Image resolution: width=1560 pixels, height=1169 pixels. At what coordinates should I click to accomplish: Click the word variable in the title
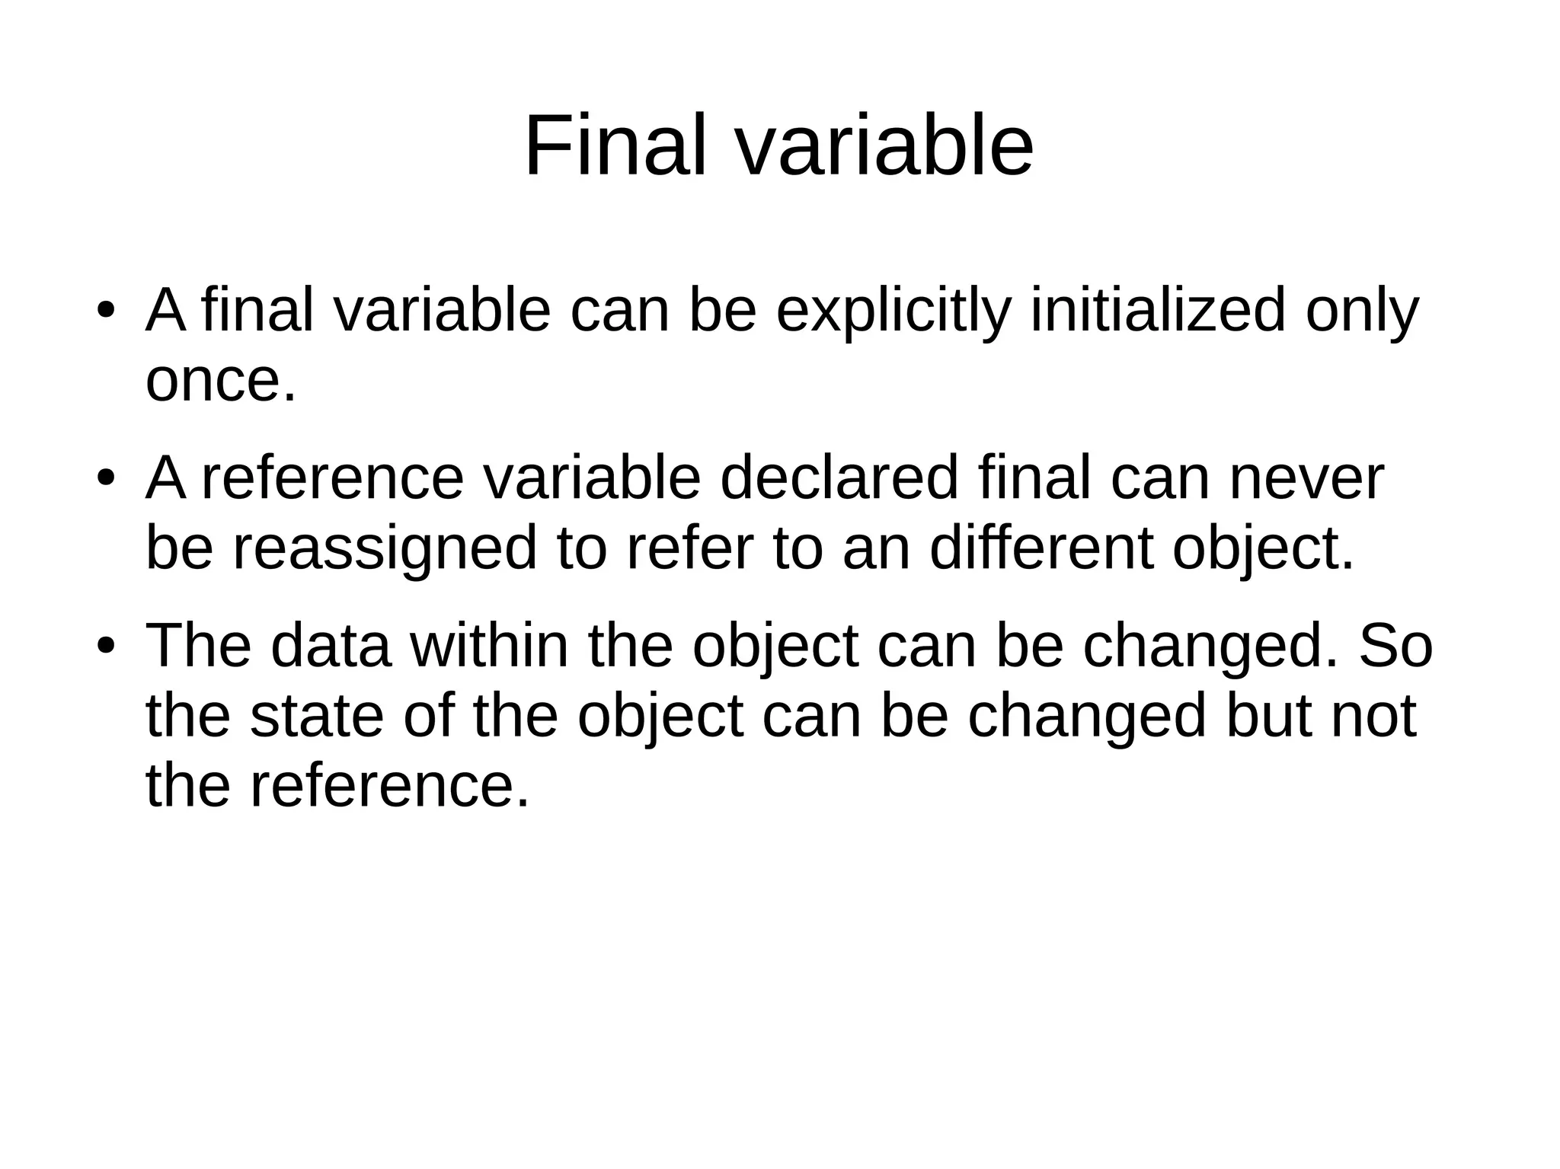[884, 145]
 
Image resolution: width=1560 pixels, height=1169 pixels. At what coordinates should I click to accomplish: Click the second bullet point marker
[105, 479]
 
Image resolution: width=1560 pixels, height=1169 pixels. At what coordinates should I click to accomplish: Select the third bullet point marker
[105, 647]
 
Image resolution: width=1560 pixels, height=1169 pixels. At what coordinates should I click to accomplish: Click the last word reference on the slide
[388, 786]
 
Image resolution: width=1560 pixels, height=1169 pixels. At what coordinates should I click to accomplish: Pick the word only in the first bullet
[1362, 311]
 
